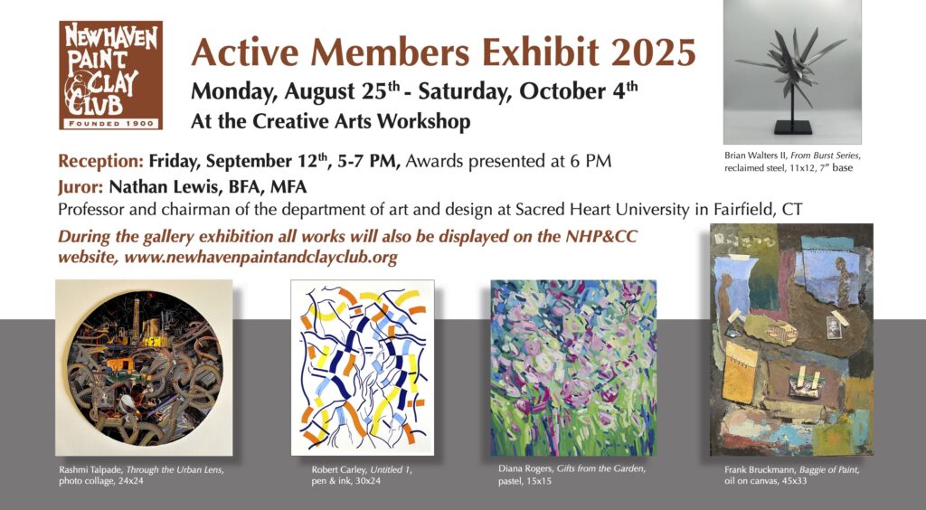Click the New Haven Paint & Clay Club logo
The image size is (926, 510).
click(110, 75)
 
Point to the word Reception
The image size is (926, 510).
click(100, 161)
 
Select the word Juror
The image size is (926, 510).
click(80, 187)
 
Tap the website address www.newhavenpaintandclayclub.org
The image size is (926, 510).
click(260, 258)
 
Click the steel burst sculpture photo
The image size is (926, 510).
click(792, 72)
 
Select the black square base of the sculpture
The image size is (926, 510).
click(792, 128)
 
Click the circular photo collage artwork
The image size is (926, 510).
click(144, 367)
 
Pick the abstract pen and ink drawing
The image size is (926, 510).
click(363, 367)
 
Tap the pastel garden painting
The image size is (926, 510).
click(573, 368)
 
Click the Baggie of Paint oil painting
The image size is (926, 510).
click(791, 339)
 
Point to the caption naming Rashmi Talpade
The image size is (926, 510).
click(141, 475)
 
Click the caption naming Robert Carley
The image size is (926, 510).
click(362, 475)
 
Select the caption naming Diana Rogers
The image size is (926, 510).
click(572, 475)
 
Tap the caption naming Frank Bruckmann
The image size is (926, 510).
click(792, 475)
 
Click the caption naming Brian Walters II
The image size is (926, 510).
click(792, 162)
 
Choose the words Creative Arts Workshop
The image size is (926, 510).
click(362, 121)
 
